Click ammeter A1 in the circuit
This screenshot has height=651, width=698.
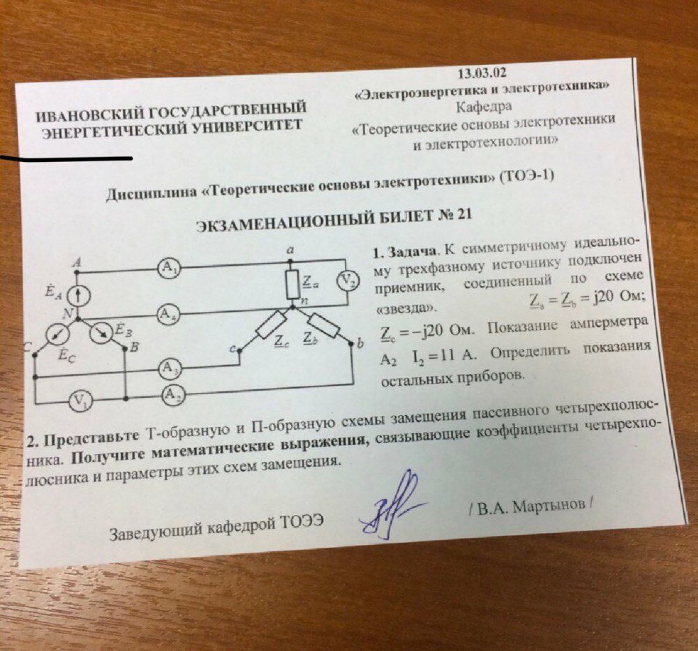[x=168, y=269]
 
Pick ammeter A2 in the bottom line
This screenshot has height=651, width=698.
[x=172, y=396]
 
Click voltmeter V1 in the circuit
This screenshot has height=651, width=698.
[x=78, y=400]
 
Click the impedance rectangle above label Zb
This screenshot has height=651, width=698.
[x=322, y=325]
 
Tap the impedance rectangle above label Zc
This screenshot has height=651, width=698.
[x=271, y=324]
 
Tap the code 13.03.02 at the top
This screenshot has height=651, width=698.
[x=482, y=73]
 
